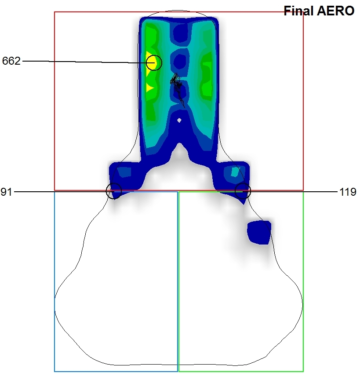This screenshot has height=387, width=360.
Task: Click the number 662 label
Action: (11, 61)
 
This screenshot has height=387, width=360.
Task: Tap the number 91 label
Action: (6, 192)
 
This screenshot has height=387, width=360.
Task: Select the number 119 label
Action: (348, 192)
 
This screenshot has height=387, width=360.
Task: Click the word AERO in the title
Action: (336, 11)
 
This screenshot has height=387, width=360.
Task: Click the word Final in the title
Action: (299, 11)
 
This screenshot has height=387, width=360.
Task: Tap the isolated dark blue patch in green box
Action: (259, 233)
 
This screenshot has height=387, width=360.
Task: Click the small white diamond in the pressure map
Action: (179, 120)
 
